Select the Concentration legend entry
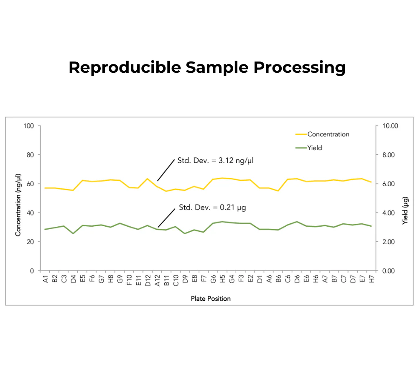[328, 134]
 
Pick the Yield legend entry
[315, 148]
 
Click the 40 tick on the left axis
[31, 213]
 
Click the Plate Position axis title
[211, 299]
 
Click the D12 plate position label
[148, 281]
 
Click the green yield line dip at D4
[73, 233]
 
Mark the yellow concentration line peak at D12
[148, 179]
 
